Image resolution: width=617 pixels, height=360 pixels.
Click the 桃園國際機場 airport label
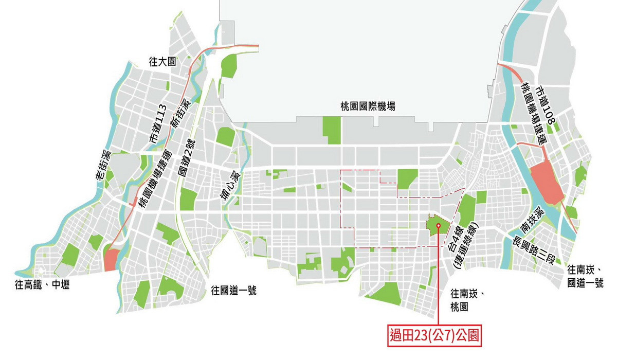click(368, 106)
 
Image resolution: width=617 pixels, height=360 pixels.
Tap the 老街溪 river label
click(103, 165)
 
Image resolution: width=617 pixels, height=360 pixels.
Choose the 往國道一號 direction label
click(234, 291)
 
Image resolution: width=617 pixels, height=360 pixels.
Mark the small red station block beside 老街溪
click(111, 259)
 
